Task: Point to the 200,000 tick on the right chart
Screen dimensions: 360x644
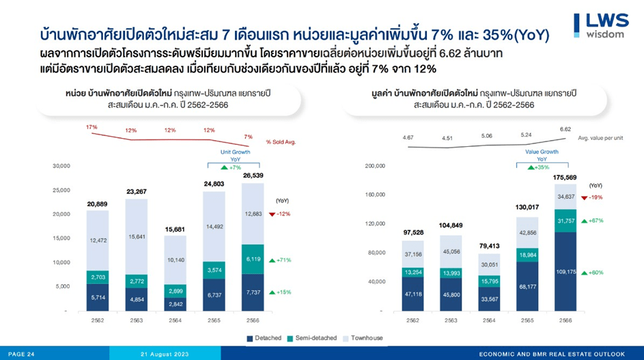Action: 374,166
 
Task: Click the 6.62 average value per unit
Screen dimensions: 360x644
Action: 565,129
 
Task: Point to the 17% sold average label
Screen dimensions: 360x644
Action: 92,128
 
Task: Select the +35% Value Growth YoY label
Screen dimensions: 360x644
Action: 542,167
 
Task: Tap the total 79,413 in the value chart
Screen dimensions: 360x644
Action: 488,245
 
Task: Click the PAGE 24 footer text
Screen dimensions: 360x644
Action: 21,354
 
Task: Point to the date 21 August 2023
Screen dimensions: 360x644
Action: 165,354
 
